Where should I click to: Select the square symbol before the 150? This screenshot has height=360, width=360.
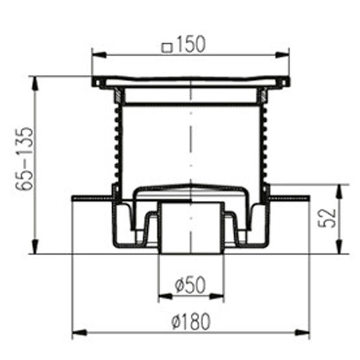point(168,48)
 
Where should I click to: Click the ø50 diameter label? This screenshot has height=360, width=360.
point(190,284)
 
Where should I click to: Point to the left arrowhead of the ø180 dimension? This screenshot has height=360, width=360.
point(76,332)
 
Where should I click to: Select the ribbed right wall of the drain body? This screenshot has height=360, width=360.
point(264,144)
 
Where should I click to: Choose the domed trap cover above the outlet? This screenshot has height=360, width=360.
point(190,188)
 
